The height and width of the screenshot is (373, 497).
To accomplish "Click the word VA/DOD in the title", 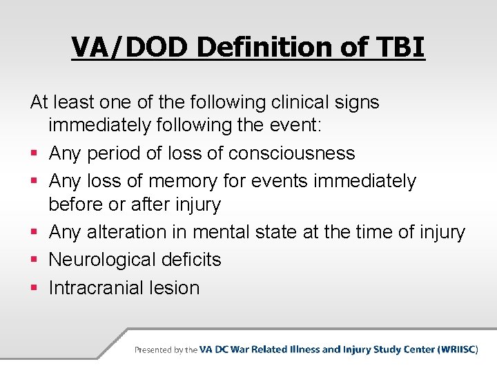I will pyautogui.click(x=130, y=48).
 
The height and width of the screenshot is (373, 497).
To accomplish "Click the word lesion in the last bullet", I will pyautogui.click(x=177, y=287).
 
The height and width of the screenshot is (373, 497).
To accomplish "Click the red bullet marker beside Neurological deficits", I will pyautogui.click(x=35, y=260).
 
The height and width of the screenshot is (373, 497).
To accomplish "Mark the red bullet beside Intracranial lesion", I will pyautogui.click(x=35, y=288).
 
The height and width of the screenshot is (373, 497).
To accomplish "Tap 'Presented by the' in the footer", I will pyautogui.click(x=166, y=350).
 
